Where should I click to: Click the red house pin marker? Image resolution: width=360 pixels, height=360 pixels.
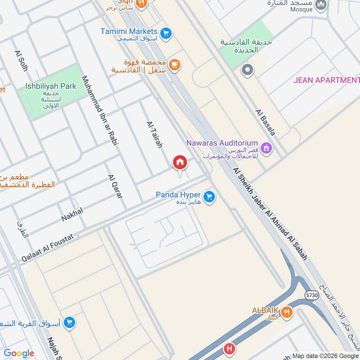click(x=180, y=163)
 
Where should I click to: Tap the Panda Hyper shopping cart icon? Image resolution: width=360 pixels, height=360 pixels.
click(x=208, y=197)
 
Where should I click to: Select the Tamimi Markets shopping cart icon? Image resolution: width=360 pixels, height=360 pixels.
click(x=166, y=33)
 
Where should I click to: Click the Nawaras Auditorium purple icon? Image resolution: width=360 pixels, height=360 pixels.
click(x=266, y=148)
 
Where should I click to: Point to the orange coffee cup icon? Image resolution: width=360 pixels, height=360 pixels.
click(x=175, y=66)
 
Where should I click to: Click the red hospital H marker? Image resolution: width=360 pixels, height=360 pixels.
click(x=229, y=349)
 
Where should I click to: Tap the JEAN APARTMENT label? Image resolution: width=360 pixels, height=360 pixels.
click(x=326, y=80)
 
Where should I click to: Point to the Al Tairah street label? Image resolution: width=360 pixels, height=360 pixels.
click(x=154, y=135)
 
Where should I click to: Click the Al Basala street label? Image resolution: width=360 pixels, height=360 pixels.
click(x=265, y=122)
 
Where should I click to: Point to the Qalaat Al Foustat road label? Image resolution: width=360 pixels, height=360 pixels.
click(x=49, y=247)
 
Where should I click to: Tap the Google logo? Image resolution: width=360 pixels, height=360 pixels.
click(x=19, y=353)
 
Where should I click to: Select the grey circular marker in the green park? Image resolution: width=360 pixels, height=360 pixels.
click(x=247, y=70)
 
